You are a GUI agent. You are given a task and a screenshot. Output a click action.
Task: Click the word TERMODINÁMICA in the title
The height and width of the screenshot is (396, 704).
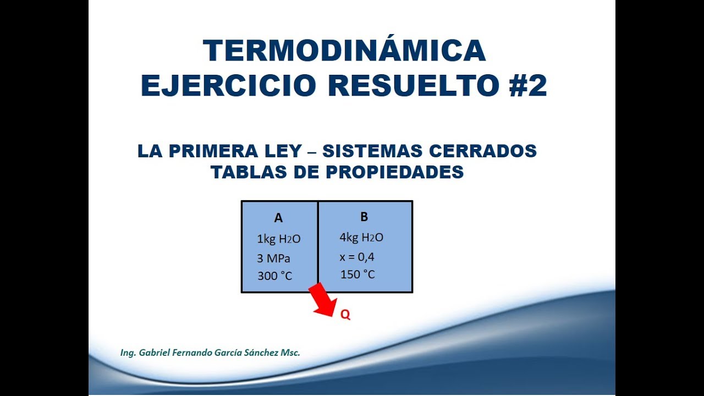click(344, 51)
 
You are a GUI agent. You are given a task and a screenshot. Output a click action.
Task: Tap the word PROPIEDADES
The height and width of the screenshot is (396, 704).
click(395, 172)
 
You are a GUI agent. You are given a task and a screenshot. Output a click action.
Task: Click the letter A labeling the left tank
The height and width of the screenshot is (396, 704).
click(278, 218)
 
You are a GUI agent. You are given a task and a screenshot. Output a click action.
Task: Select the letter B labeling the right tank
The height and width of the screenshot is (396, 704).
click(364, 217)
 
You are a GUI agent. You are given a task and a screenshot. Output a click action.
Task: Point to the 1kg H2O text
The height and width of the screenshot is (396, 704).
click(279, 239)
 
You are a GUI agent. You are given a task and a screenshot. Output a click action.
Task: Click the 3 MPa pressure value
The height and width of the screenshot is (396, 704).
click(273, 258)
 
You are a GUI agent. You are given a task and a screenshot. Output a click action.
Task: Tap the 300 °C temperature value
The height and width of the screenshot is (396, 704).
click(275, 276)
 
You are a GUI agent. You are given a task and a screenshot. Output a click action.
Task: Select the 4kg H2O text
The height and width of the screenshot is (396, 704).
click(361, 238)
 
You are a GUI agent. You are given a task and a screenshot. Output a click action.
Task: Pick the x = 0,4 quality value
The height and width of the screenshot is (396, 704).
click(358, 257)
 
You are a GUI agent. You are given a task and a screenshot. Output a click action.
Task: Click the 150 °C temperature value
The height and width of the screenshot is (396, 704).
click(358, 274)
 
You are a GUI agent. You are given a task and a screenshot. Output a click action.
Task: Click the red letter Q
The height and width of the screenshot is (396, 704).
click(345, 315)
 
